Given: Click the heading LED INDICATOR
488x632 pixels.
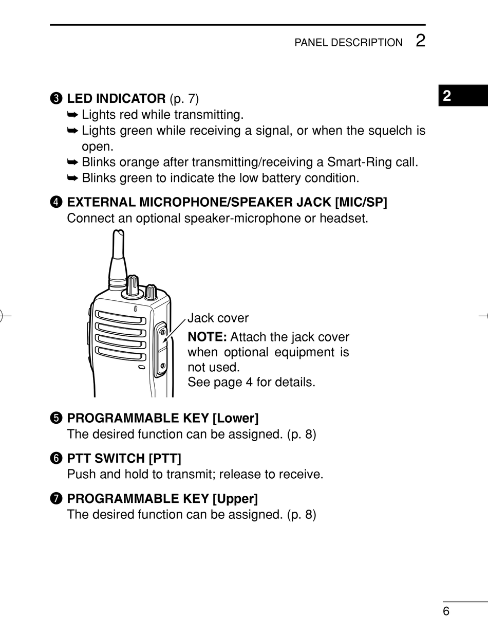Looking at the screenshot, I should (116, 98).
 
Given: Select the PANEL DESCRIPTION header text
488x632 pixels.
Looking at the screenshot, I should (348, 43).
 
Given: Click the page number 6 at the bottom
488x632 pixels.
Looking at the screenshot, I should (446, 611).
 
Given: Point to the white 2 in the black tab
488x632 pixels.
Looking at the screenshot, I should (447, 96).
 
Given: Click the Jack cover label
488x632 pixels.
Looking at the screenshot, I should (218, 318).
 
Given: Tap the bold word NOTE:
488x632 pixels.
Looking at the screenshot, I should (207, 337).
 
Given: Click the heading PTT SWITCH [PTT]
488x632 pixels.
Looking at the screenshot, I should (124, 458).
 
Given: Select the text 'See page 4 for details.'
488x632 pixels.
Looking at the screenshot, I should (251, 383).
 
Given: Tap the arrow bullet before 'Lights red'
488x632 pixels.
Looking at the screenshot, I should (72, 114).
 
